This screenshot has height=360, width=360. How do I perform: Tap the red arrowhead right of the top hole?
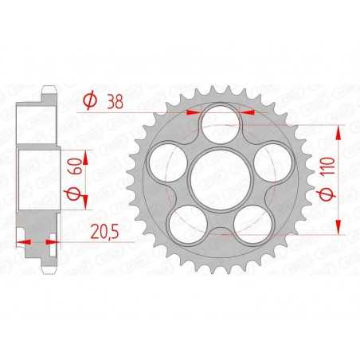coord(244,114)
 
